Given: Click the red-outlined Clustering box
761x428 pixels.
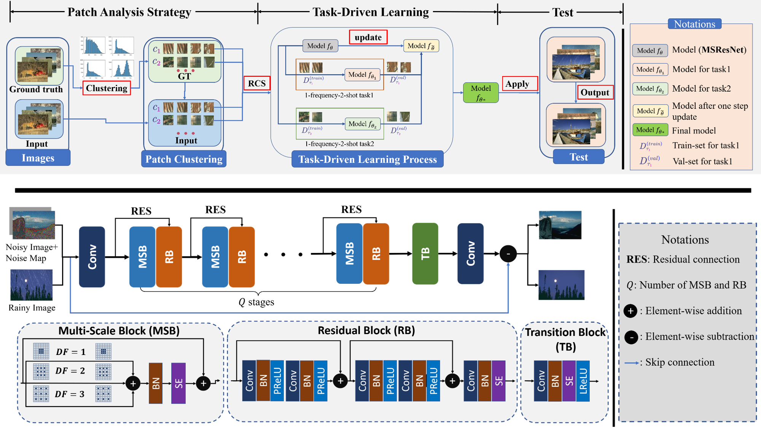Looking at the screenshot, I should click(107, 88).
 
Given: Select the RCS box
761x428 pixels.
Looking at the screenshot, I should click(257, 83).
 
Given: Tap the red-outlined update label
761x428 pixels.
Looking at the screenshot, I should click(368, 37).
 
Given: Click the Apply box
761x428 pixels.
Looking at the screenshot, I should click(520, 84).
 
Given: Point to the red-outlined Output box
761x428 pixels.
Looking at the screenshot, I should click(595, 92).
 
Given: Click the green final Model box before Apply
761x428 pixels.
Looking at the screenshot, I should click(481, 93).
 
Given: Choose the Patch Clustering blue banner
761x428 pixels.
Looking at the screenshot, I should click(184, 159).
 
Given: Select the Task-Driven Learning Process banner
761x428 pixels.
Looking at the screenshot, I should click(367, 159).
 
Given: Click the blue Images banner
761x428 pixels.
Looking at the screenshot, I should click(38, 158).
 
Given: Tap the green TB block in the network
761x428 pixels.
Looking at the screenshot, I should click(425, 253).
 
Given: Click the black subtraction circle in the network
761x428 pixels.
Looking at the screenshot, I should click(508, 254).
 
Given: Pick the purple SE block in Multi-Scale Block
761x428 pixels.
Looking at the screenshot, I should click(178, 383).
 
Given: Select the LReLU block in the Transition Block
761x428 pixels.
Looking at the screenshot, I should click(583, 381).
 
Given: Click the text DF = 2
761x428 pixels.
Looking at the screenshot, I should click(70, 371).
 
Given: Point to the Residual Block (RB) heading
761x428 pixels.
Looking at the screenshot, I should click(366, 331).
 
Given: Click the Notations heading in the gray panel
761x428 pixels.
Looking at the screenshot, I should click(685, 240).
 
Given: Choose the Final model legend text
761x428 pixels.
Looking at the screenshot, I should click(694, 131).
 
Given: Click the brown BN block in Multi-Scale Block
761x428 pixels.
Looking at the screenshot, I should click(156, 383).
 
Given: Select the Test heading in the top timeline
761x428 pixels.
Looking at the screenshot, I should click(562, 12).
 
